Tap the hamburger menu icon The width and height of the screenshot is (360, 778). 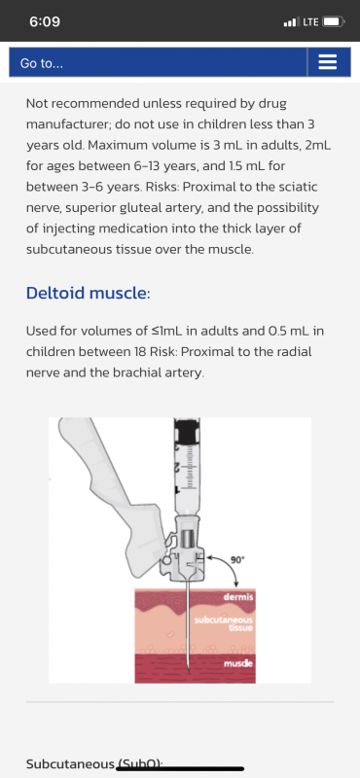327,62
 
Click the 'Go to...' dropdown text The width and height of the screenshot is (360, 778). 42,63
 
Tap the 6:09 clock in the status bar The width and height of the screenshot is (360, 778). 45,21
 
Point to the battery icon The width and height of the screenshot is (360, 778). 333,21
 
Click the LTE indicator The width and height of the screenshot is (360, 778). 310,21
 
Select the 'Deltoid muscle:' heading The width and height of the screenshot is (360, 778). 88,294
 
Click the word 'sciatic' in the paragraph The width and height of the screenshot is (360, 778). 300,188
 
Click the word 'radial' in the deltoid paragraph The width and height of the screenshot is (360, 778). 297,352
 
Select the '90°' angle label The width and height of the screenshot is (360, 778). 237,560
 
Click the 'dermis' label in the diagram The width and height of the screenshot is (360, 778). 238,596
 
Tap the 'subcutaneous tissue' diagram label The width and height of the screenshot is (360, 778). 224,623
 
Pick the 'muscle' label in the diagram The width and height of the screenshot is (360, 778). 238,663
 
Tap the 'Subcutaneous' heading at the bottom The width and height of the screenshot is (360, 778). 70,763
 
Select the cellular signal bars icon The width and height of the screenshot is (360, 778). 292,22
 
